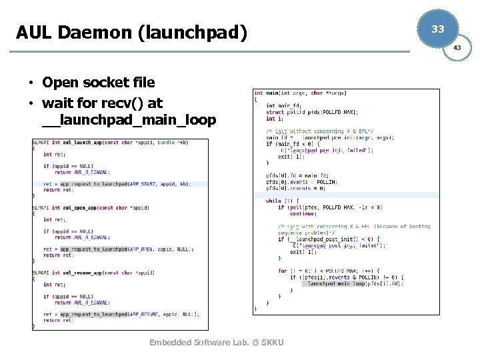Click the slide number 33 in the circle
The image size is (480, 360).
(x=437, y=29)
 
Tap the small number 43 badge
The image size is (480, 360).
(x=457, y=48)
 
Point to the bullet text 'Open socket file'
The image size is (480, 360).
(x=98, y=83)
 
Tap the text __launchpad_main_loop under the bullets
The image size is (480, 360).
(x=129, y=120)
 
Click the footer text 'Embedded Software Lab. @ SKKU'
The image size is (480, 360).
(x=217, y=342)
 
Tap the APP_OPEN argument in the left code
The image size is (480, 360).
(x=139, y=249)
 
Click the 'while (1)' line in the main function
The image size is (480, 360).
(x=274, y=201)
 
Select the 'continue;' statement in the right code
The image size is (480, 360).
(x=303, y=214)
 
